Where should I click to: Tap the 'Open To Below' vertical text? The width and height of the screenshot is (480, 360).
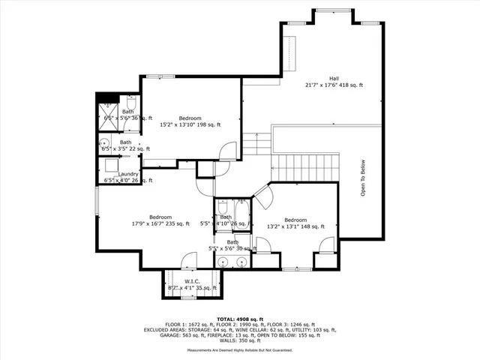pyautogui.click(x=362, y=178)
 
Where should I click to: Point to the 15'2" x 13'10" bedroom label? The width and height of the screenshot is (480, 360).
pyautogui.click(x=189, y=121)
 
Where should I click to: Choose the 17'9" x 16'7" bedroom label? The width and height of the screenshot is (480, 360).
pyautogui.click(x=160, y=220)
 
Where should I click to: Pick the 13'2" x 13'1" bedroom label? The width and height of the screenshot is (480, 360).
pyautogui.click(x=295, y=223)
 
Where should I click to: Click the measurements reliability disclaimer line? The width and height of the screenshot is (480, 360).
pyautogui.click(x=239, y=350)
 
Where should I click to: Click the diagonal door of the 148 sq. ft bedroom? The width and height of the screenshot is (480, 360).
pyautogui.click(x=262, y=196)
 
